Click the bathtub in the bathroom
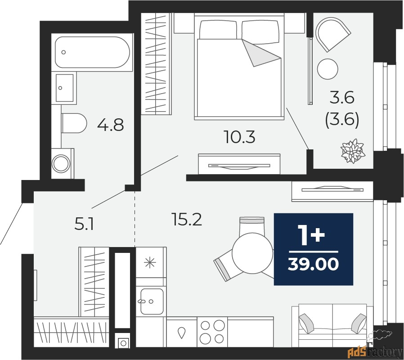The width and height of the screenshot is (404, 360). (92, 52)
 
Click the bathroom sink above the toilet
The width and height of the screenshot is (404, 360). (64, 88)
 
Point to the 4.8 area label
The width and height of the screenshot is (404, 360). (110, 125)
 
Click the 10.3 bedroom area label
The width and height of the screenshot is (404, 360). (239, 137)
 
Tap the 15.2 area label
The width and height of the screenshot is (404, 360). (187, 220)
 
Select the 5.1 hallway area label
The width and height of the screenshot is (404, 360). (84, 224)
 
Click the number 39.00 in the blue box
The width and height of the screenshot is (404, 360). (313, 265)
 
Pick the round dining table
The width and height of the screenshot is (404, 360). (252, 253)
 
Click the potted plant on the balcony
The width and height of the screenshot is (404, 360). (352, 151)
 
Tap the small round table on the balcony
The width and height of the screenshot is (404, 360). (327, 69)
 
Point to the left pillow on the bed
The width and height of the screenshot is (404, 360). (218, 31)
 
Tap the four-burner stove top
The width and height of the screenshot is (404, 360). (212, 332)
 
